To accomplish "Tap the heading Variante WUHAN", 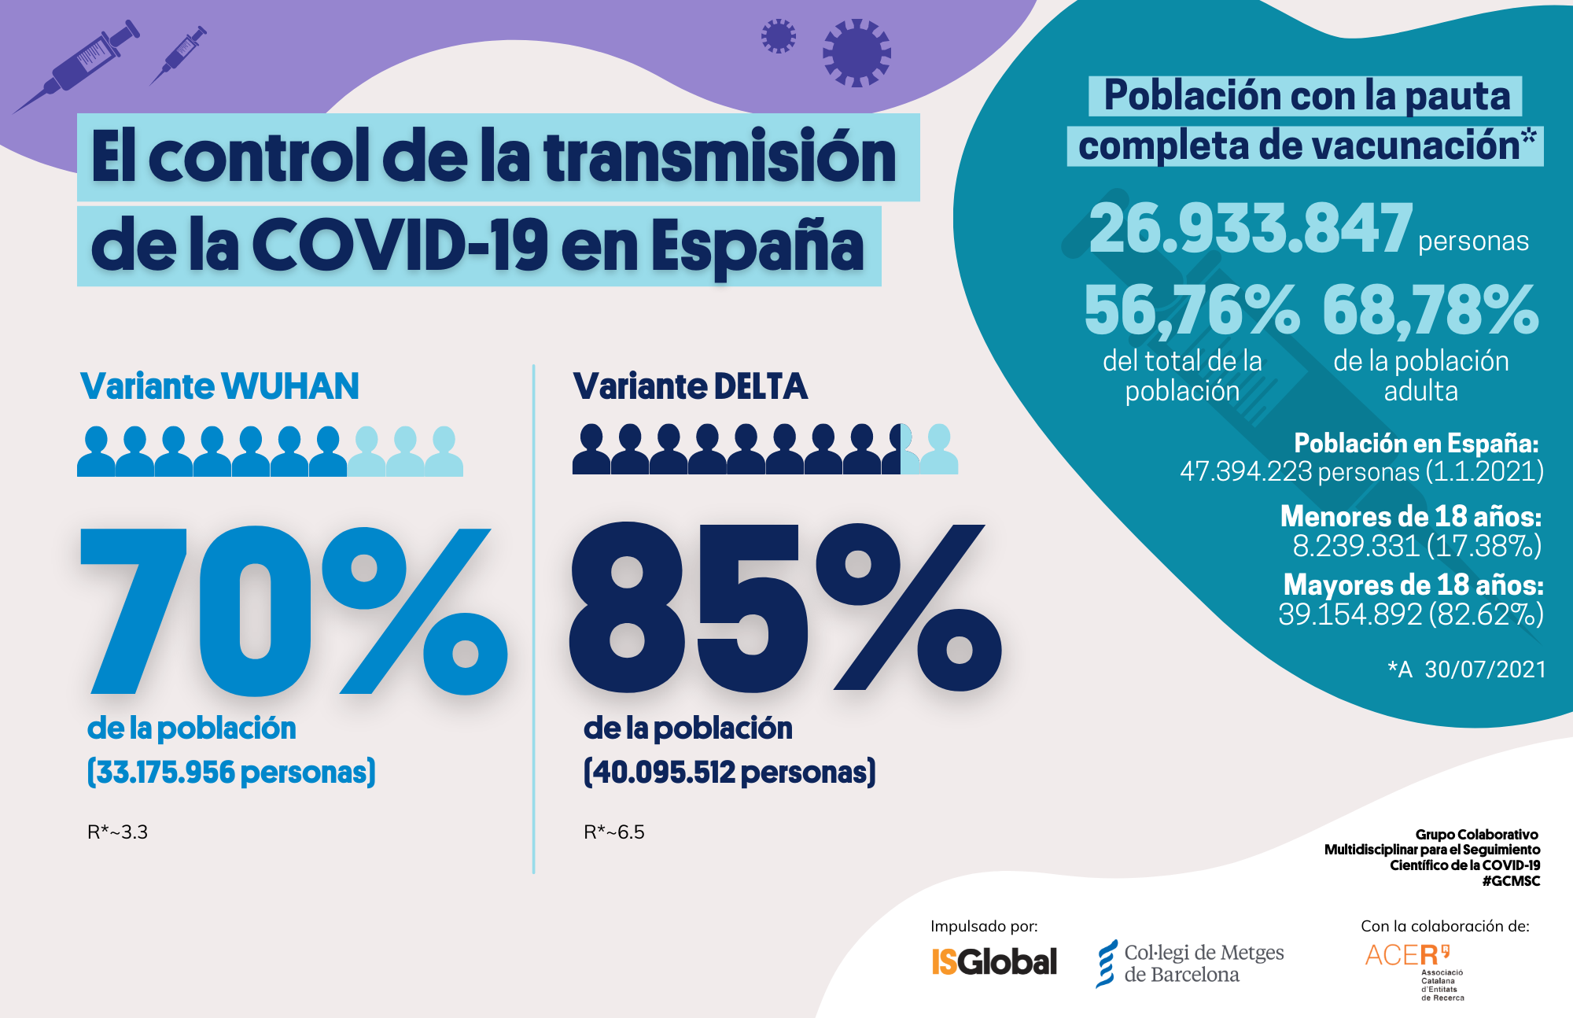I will tap(219, 386).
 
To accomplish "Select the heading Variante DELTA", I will tap(690, 386).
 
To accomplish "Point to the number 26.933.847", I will tap(1251, 228).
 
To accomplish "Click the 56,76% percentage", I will tap(1191, 310).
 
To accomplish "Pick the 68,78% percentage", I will tap(1430, 310).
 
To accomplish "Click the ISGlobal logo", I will tap(994, 961).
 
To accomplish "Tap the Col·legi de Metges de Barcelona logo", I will tap(1190, 963).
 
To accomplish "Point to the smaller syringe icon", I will tap(179, 54).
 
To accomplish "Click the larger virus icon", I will tap(856, 53).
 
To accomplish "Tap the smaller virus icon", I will tap(778, 36).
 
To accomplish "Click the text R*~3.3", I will tap(117, 832).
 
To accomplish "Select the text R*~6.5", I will tap(613, 832).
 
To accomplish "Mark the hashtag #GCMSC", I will tap(1511, 881).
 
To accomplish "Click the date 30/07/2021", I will tap(1485, 669).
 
